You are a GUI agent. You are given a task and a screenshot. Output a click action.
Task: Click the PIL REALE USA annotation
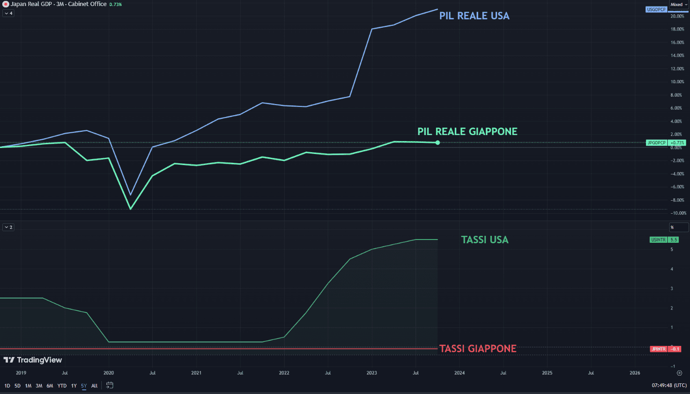pyautogui.click(x=474, y=16)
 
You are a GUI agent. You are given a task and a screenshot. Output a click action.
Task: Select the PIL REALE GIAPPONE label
pyautogui.click(x=467, y=131)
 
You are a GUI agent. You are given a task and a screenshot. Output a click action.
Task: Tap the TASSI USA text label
pyautogui.click(x=485, y=240)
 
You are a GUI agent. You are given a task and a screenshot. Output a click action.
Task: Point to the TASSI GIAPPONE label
pyautogui.click(x=478, y=349)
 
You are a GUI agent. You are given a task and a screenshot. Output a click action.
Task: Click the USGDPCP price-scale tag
pyautogui.click(x=656, y=9)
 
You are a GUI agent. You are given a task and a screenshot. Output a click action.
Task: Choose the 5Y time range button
pyautogui.click(x=84, y=386)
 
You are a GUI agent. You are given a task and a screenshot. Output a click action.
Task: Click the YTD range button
pyautogui.click(x=62, y=386)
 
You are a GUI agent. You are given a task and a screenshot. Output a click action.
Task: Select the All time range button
pyautogui.click(x=94, y=386)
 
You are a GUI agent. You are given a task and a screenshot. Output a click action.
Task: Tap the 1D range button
pyautogui.click(x=7, y=386)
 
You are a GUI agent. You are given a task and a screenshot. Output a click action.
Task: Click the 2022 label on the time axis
pyautogui.click(x=284, y=373)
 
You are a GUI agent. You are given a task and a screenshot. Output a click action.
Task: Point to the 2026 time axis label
pyautogui.click(x=635, y=373)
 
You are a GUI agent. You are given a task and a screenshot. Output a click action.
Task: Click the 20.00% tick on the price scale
pyautogui.click(x=677, y=16)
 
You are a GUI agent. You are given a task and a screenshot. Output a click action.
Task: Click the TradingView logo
pyautogui.click(x=33, y=360)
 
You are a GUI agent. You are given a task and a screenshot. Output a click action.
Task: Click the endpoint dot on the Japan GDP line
pyautogui.click(x=438, y=142)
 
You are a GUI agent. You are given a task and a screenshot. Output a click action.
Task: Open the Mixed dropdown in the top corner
pyautogui.click(x=678, y=5)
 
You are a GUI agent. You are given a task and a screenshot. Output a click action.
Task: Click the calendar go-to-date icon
pyautogui.click(x=110, y=385)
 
